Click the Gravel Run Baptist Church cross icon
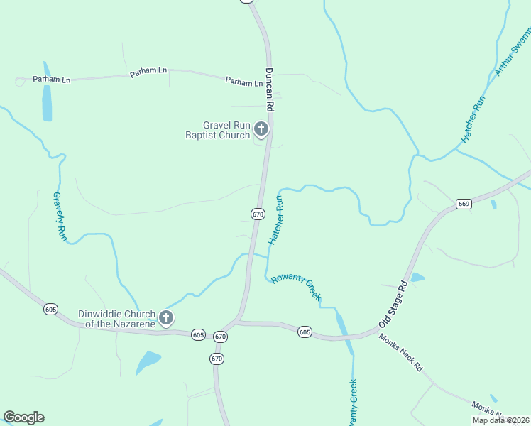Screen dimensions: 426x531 coord(261,129)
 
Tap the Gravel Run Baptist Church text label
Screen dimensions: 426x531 coord(217,129)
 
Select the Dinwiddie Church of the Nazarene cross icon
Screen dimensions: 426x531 coord(166,318)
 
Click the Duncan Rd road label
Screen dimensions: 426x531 coord(269,90)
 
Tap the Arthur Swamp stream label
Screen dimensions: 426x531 coord(513,53)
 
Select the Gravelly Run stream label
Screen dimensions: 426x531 coord(60,217)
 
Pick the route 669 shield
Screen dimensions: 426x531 coord(464,204)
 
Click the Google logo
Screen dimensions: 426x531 coord(23,417)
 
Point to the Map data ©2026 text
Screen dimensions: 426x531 coord(500,420)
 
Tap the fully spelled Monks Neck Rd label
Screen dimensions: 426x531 coord(400,353)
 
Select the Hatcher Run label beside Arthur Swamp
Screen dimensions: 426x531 coord(473,119)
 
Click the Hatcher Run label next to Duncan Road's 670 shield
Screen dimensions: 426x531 coord(275,220)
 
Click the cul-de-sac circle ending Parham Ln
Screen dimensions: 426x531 coord(20,82)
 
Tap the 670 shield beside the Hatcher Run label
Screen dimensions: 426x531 coord(258,213)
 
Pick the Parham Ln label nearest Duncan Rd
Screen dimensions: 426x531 coord(244,82)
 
